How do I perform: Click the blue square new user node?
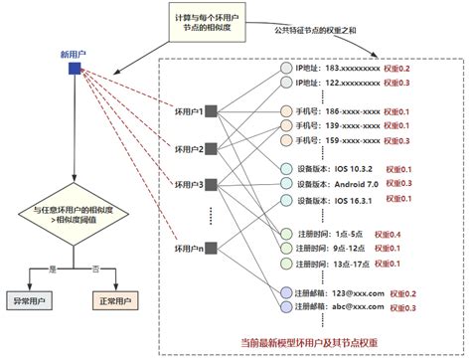click(75, 69)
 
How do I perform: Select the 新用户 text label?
click(75, 52)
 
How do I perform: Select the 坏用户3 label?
click(188, 185)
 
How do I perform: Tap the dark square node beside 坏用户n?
click(211, 248)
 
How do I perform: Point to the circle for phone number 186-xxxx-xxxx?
click(287, 111)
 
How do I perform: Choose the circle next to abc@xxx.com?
click(287, 308)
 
